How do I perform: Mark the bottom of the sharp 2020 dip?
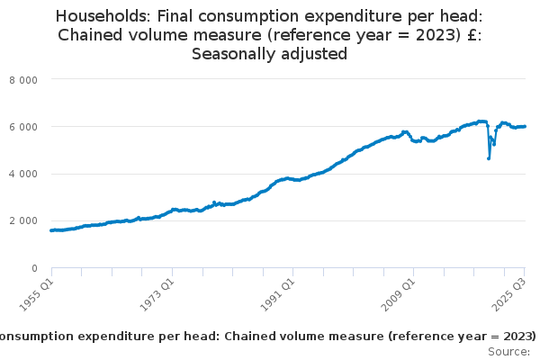(x=489, y=159)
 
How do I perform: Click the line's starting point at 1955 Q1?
(x=51, y=230)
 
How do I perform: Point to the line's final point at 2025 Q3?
(x=525, y=126)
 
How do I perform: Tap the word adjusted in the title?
(x=315, y=54)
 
